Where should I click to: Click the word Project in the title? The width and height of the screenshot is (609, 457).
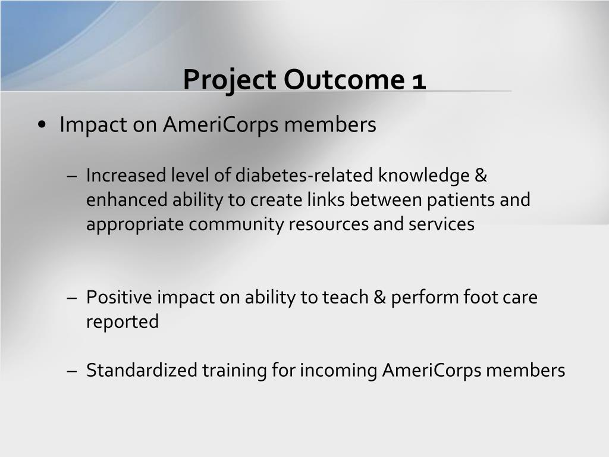point(230,80)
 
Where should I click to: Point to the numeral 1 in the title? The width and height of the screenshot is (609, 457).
point(419,82)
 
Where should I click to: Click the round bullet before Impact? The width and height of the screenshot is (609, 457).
point(42,125)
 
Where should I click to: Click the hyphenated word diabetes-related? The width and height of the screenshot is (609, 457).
point(304,175)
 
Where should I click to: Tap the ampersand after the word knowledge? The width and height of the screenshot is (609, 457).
point(481,175)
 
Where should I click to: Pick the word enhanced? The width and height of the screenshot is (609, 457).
point(127,200)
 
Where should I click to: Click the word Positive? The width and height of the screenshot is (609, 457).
point(119,298)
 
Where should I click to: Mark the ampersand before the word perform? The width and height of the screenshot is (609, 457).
point(380,298)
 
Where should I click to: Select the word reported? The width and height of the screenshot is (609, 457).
point(123,322)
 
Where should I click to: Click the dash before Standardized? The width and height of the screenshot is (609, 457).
point(72,371)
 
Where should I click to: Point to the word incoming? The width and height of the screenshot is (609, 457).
point(338,370)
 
